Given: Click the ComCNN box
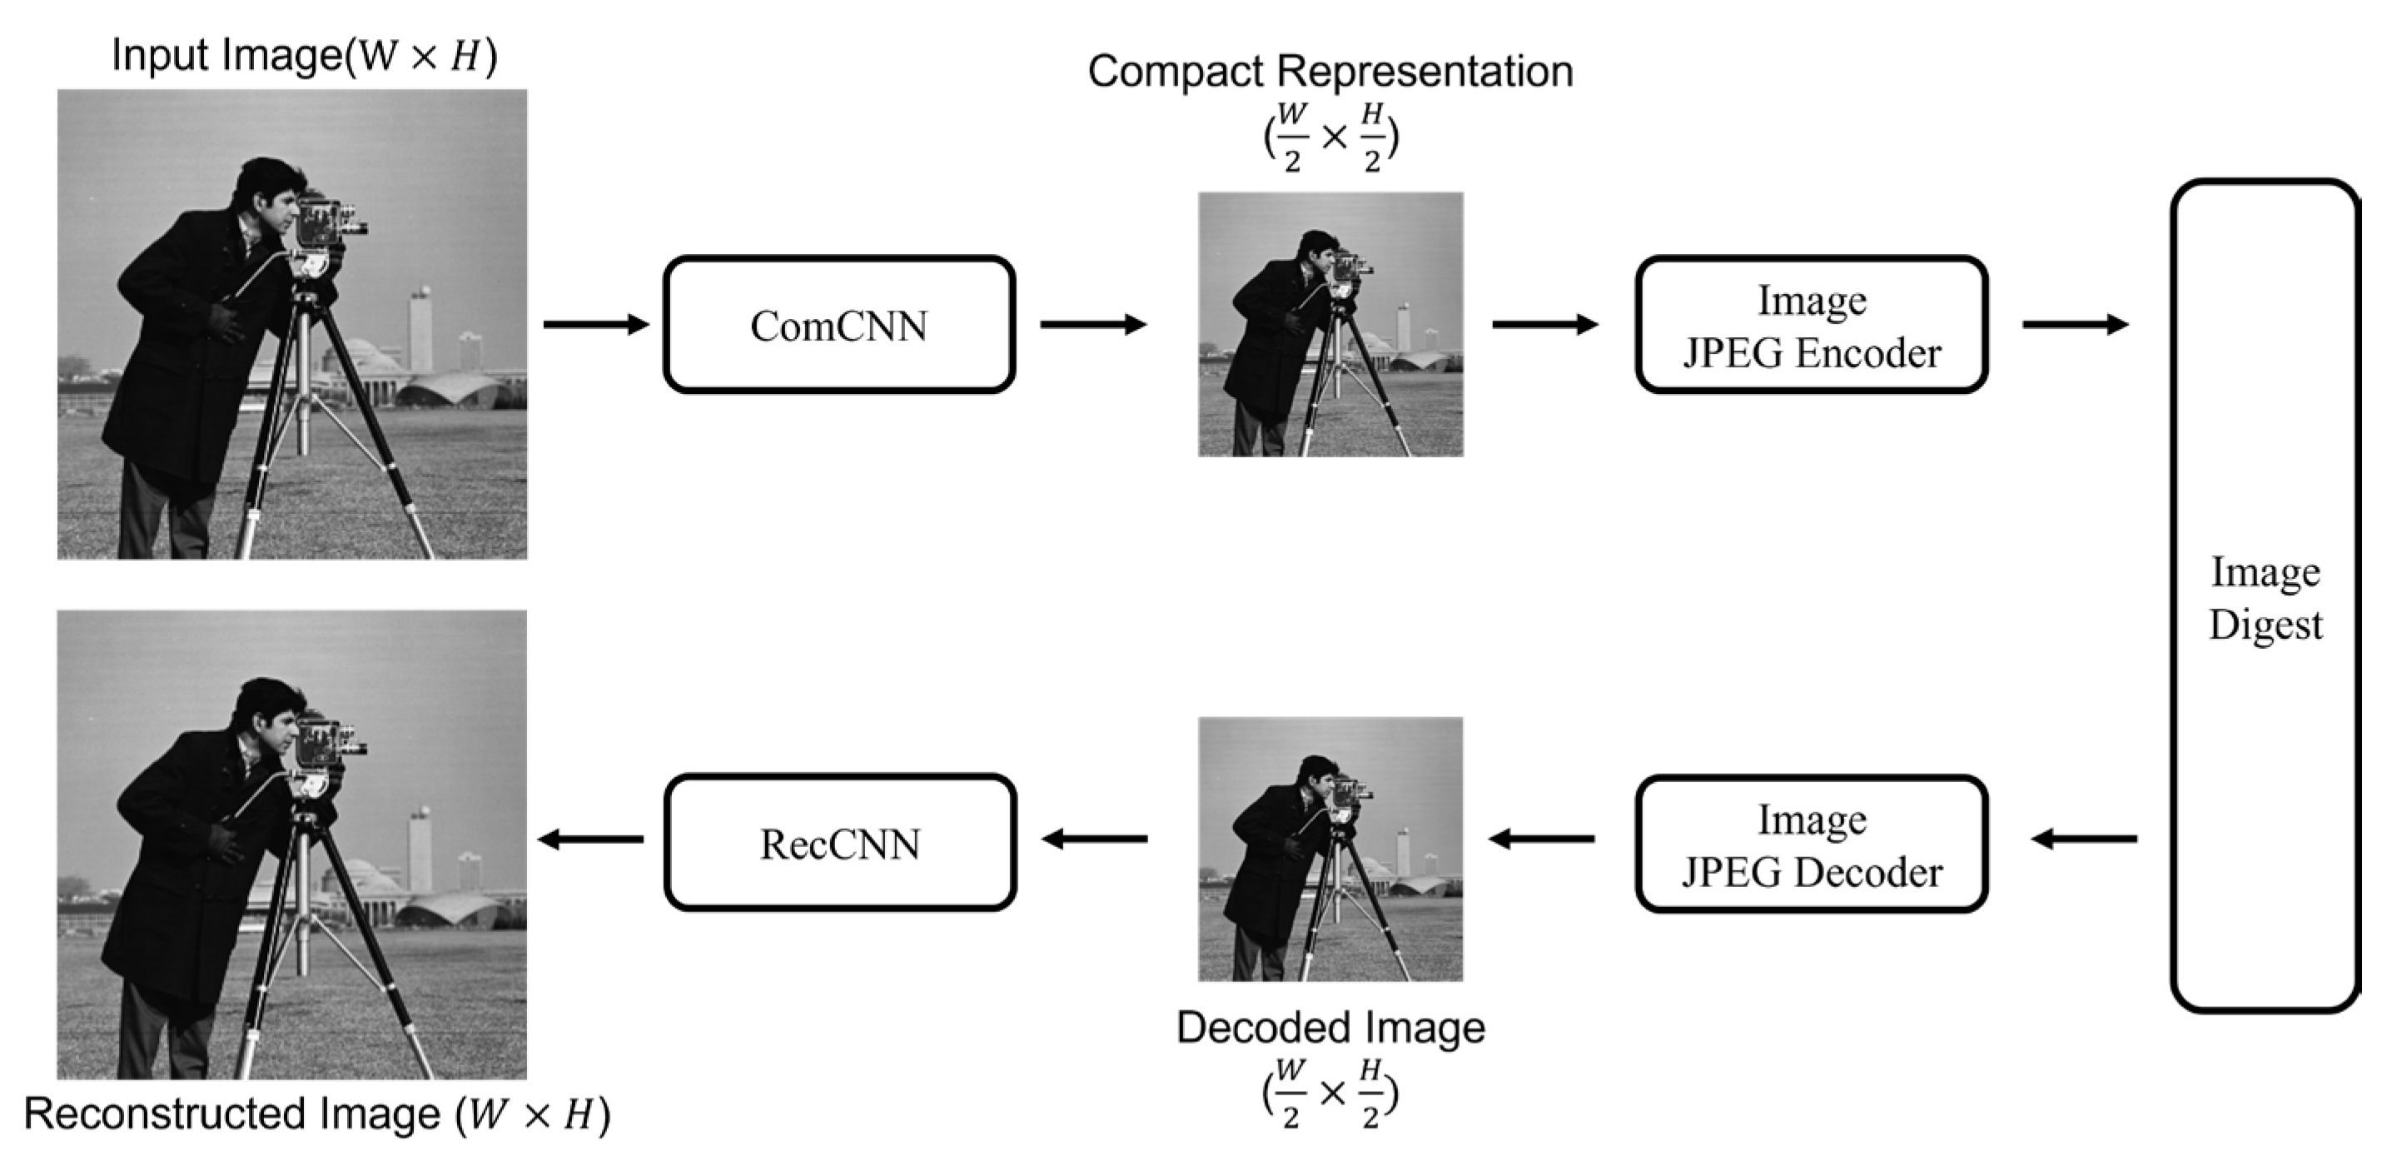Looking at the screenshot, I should point(838,325).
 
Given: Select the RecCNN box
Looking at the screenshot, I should point(839,843).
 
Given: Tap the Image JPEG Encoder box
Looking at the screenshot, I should point(1811,325).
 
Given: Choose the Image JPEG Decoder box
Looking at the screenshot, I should point(1811,844).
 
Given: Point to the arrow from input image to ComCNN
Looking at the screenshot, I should point(596,325).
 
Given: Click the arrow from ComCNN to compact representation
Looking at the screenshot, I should point(1093,325).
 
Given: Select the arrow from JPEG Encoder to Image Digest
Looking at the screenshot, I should point(2076,325).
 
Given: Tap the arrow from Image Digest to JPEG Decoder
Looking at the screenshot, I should point(2085,839).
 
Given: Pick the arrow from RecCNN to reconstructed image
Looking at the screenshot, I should point(591,839).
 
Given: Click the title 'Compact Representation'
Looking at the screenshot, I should point(1330,72).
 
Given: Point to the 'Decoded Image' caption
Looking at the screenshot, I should point(1330,1027).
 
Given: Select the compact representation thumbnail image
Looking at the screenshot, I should point(1330,325).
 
